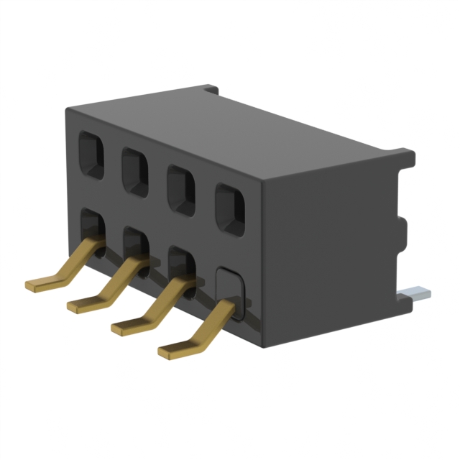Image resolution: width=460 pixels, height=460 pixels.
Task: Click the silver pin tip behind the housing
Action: point(416,293)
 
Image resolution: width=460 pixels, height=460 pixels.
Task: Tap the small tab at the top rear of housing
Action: point(210,91)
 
